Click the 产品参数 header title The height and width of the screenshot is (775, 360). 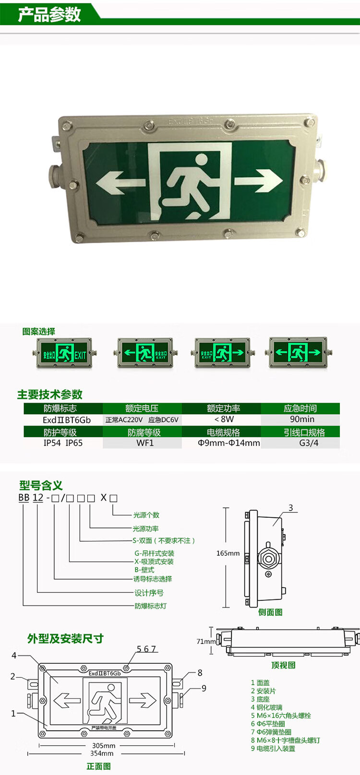(49, 14)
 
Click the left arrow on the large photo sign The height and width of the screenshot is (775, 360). (120, 183)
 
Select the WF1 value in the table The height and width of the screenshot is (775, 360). (145, 443)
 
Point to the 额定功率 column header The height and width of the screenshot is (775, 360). (223, 408)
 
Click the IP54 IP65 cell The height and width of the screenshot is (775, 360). (63, 443)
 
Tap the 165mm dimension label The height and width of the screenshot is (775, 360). (228, 553)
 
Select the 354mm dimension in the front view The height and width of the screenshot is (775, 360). (102, 753)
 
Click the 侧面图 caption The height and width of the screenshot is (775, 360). (270, 612)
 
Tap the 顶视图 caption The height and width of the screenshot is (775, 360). (283, 665)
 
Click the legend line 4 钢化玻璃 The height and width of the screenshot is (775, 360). (266, 707)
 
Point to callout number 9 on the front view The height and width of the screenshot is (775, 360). (204, 688)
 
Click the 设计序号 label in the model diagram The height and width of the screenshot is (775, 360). (149, 593)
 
